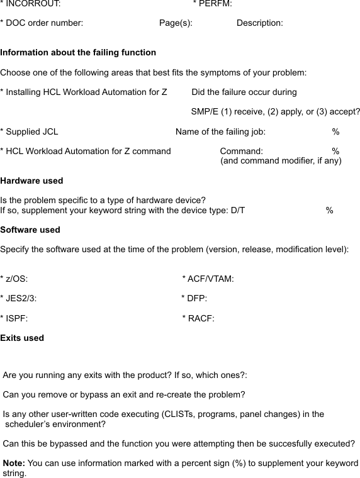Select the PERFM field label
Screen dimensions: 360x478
click(214, 4)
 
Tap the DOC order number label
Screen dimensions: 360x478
click(43, 23)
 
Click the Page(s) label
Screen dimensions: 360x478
click(176, 23)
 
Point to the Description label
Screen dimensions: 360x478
click(259, 23)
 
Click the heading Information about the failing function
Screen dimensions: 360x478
click(78, 53)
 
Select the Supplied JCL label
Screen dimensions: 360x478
click(31, 132)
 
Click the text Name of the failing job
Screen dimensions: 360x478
click(220, 132)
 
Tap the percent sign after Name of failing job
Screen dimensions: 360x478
click(336, 132)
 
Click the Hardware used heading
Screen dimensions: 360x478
click(31, 181)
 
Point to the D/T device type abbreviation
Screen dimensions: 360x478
click(237, 211)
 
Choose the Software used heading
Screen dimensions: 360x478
click(30, 230)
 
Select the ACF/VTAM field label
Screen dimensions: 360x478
click(210, 279)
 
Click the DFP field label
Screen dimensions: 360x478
click(196, 299)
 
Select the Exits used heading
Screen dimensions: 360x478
click(22, 338)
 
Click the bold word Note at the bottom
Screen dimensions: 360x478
click(14, 464)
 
